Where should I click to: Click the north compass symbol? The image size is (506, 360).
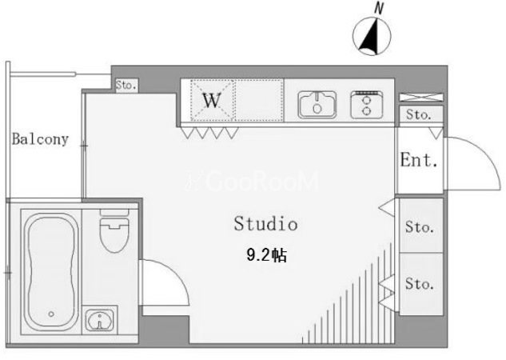[x=372, y=36]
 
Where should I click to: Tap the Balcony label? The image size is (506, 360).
[x=40, y=139]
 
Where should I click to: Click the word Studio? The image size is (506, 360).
[x=265, y=223]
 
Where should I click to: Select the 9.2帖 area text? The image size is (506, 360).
[x=266, y=255]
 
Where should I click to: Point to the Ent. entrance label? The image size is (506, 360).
[x=419, y=159]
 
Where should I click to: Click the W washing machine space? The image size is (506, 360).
[x=212, y=101]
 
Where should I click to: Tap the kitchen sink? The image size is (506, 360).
[x=317, y=105]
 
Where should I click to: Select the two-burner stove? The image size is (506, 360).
[x=367, y=105]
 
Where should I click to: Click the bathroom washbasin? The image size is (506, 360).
[x=100, y=320]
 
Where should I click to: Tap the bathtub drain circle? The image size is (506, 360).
[x=51, y=314]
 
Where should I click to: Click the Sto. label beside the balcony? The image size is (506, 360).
[x=126, y=86]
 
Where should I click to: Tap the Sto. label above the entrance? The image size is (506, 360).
[x=419, y=114]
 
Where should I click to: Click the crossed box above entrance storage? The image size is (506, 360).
[x=421, y=97]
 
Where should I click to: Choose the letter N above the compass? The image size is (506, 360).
[x=379, y=8]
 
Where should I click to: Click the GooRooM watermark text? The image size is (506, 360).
[x=253, y=181]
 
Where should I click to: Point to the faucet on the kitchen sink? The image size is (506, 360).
[x=317, y=97]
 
